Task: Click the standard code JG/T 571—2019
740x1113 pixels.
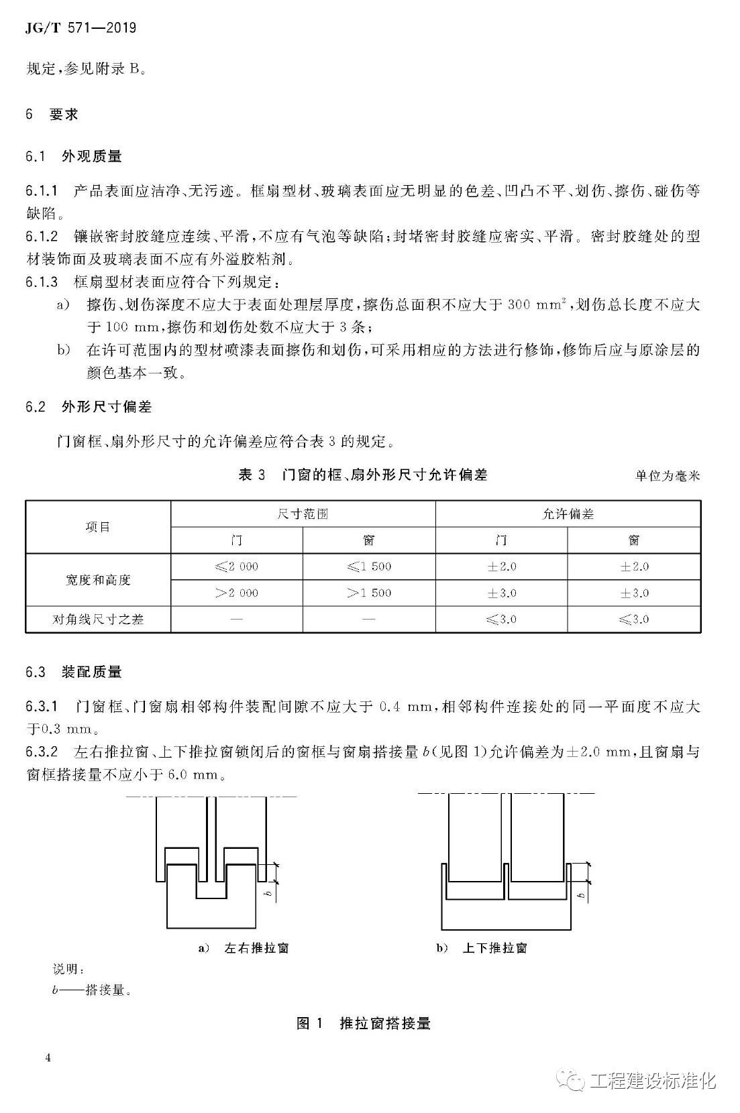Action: (80, 27)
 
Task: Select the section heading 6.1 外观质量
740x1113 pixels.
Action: (74, 156)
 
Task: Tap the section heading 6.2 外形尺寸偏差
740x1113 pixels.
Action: (89, 406)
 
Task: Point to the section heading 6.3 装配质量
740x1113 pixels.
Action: (74, 672)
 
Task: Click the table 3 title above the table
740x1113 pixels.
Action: (362, 475)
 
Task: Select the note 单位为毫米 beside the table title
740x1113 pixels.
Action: (667, 476)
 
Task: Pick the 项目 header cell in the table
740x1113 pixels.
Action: (98, 527)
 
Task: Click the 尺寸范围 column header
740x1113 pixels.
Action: (303, 514)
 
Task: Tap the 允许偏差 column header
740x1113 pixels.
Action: (568, 514)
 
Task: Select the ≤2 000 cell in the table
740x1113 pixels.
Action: (236, 567)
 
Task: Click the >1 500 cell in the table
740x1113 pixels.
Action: (369, 593)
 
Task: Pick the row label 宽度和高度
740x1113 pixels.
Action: (98, 580)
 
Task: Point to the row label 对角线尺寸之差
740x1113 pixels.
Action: (98, 620)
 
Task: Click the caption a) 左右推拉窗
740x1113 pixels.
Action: (244, 948)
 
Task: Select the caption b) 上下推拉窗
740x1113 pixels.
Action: (482, 948)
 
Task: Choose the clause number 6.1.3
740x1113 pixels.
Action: (42, 282)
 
